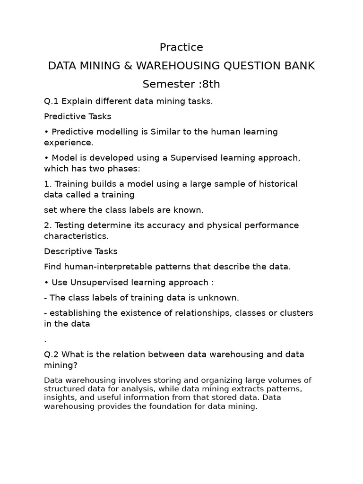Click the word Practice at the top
[x=181, y=47]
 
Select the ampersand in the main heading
[x=127, y=66]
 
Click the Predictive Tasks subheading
[x=78, y=116]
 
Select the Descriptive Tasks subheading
[x=81, y=251]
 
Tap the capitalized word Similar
[x=165, y=132]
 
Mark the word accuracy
[x=166, y=225]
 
